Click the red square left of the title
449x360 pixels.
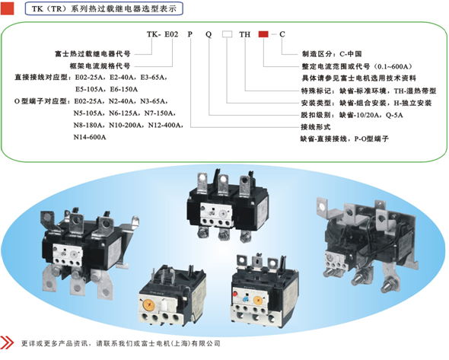tap(7, 8)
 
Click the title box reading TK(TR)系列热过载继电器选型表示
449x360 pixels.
tap(104, 8)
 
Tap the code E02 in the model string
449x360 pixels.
tap(171, 34)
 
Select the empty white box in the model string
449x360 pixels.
tap(227, 34)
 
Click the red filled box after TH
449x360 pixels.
tap(263, 34)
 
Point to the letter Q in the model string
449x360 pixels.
tap(209, 35)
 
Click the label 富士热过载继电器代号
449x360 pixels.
tap(93, 53)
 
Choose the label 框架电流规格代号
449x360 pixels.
tap(100, 66)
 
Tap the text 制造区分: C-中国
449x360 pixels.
tap(332, 54)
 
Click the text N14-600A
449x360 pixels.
tap(90, 137)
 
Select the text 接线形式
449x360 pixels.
tap(316, 127)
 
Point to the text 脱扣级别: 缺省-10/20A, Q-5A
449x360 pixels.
tap(352, 115)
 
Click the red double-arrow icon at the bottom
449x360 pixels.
tap(7, 342)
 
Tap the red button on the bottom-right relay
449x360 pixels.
tap(235, 294)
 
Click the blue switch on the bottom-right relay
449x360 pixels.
tap(245, 299)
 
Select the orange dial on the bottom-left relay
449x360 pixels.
tap(148, 304)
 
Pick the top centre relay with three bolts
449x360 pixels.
tap(228, 205)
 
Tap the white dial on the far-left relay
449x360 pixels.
tap(74, 254)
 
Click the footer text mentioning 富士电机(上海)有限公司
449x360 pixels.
tap(121, 343)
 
